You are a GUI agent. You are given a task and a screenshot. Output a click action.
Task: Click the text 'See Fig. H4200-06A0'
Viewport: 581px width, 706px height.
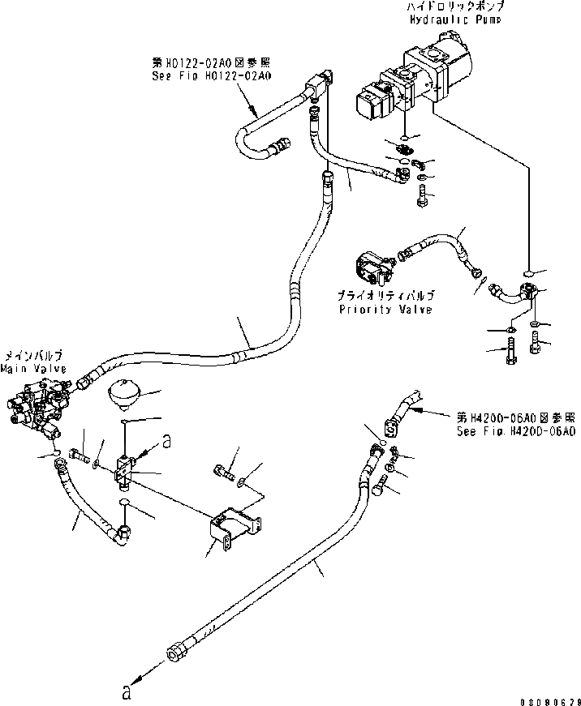point(516,432)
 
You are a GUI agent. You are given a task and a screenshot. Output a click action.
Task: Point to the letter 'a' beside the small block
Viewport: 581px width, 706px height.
point(167,441)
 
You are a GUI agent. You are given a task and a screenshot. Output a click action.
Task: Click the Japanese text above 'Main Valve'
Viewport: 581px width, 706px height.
point(33,356)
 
